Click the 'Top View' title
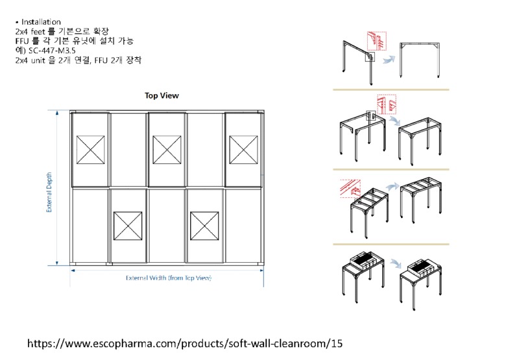coord(162,95)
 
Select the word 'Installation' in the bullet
coord(41,22)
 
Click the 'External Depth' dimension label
coord(49,187)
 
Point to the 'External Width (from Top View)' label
coord(169,278)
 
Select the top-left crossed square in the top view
coord(90,150)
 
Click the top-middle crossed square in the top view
coord(167,150)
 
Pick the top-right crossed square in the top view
coord(243,150)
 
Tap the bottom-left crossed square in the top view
coord(128,225)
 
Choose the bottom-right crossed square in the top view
coord(205,225)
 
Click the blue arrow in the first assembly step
coord(389,60)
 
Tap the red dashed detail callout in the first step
coord(377,40)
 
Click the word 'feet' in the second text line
coord(38,31)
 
